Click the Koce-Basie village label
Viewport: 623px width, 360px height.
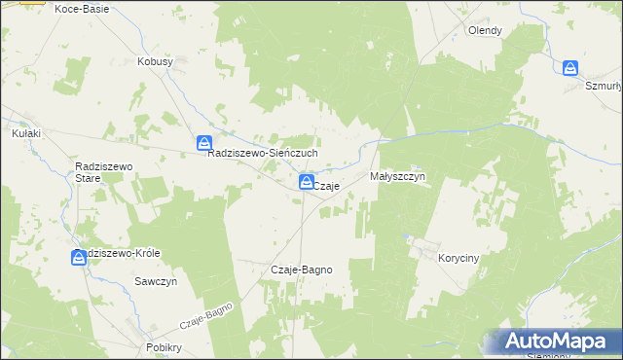[82, 8]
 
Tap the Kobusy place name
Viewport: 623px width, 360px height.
[155, 61]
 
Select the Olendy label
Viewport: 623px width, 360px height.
[485, 30]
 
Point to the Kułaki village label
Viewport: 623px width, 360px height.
[26, 133]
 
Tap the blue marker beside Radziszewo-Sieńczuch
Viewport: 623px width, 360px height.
[204, 143]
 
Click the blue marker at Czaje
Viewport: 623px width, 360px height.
[306, 182]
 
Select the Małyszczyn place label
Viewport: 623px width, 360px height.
[399, 177]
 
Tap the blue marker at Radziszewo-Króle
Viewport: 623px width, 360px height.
[79, 258]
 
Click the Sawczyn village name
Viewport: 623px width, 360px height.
[155, 280]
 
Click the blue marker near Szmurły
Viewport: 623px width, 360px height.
[570, 68]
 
